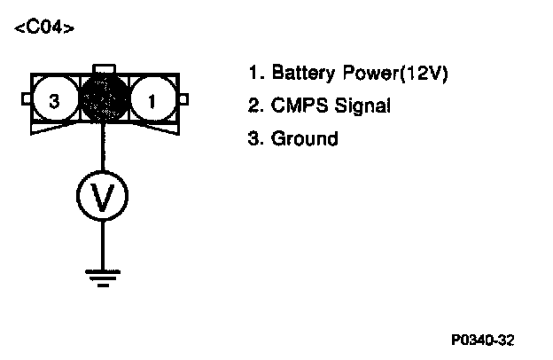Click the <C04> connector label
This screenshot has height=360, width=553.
click(44, 28)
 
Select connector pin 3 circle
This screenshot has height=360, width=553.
click(54, 101)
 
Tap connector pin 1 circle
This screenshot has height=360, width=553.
click(152, 101)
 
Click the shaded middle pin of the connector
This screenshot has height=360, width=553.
click(104, 100)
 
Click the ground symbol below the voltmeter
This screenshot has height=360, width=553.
click(103, 278)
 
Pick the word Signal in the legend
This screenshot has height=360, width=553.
click(362, 106)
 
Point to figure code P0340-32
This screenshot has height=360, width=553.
click(482, 340)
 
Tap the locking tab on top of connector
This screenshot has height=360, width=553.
click(103, 68)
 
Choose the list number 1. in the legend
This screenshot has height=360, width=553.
click(255, 73)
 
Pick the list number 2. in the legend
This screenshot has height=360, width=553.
click(255, 106)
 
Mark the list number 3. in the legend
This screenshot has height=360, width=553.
click(255, 138)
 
